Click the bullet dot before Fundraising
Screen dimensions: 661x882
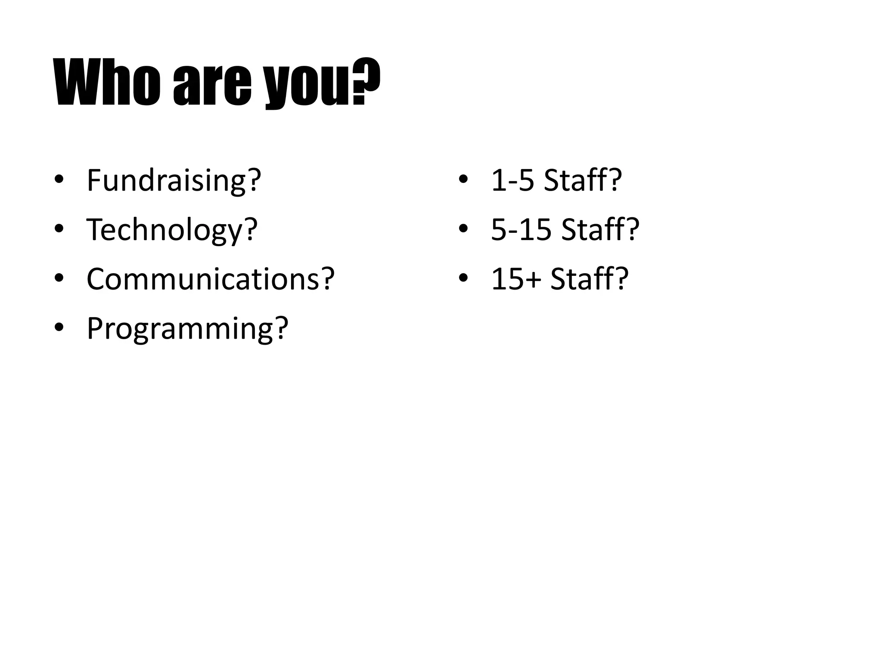pyautogui.click(x=59, y=180)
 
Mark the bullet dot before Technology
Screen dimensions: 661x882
pyautogui.click(x=59, y=229)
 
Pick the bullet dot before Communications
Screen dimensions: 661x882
pyautogui.click(x=59, y=279)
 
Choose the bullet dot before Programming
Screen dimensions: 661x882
pyautogui.click(x=59, y=328)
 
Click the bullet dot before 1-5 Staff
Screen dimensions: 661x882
pyautogui.click(x=463, y=180)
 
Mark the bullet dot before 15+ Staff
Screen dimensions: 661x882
pyautogui.click(x=463, y=279)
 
